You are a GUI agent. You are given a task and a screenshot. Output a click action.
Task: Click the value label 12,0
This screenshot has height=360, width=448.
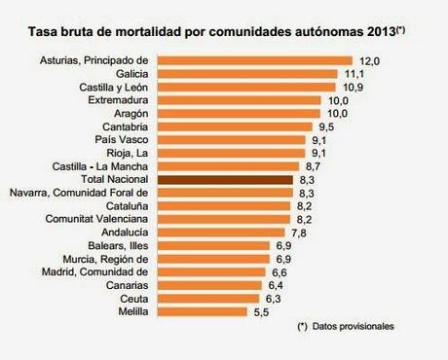(x=369, y=60)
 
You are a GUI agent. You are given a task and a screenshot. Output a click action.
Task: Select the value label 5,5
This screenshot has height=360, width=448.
(x=259, y=311)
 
